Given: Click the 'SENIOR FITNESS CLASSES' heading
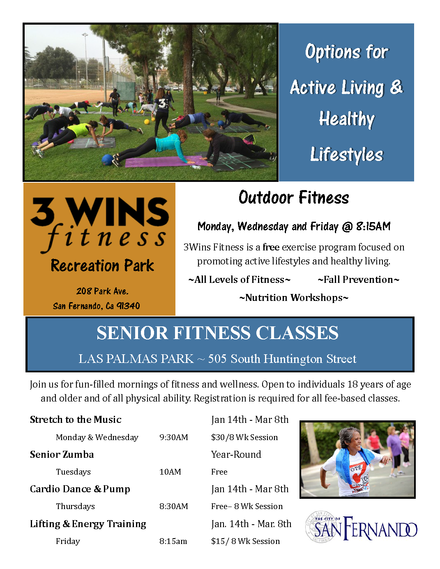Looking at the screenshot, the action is point(217,333).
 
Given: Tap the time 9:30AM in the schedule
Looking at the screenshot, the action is point(173,437).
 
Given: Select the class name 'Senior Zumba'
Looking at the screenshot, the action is point(62,454).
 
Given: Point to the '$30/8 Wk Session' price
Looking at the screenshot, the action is point(244,437).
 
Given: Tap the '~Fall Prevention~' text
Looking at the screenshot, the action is point(358,280).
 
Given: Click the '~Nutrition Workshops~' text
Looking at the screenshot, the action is point(293,298).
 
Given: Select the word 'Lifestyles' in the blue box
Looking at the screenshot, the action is point(346,154).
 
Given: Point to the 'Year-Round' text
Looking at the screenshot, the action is point(236,454).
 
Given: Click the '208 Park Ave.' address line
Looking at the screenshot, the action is point(102,291).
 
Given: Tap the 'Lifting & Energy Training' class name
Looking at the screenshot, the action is point(88,524).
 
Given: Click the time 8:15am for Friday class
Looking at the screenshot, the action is point(173,541).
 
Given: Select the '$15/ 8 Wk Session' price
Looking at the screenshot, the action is point(245,541).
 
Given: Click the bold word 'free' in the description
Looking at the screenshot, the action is point(271,247).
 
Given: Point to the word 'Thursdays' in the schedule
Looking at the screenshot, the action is point(75,506).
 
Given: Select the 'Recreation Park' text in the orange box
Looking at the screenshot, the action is point(102,266).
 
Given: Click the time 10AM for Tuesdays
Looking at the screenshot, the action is point(170,472).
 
